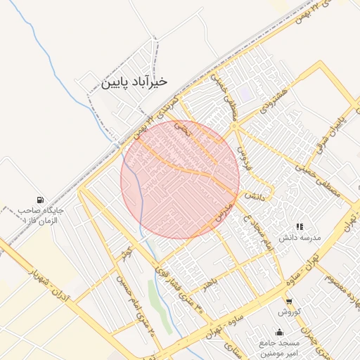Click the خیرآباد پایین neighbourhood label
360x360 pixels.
pos(135,82)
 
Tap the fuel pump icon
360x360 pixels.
pos(39,200)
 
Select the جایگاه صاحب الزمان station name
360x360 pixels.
pos(41,214)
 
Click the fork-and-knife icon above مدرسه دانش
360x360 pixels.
pos(300,226)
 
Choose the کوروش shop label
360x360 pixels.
pos(289,311)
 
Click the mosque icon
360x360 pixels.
pos(281,332)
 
